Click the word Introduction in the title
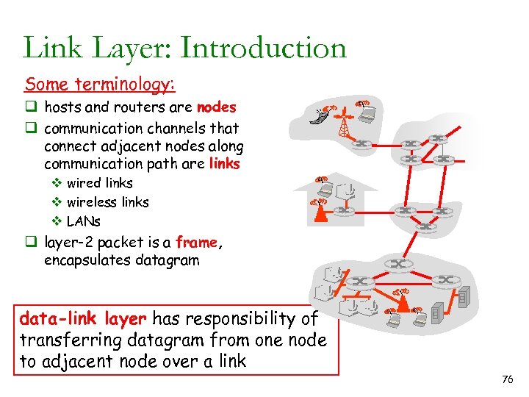pos(263,48)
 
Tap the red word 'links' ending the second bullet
pos(224,163)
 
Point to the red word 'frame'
pos(196,241)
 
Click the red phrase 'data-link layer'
pos(82,318)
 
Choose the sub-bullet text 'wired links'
pos(100,183)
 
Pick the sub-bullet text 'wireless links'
pos(108,202)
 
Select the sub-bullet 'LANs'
pos(84,221)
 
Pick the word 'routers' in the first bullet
pos(139,107)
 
